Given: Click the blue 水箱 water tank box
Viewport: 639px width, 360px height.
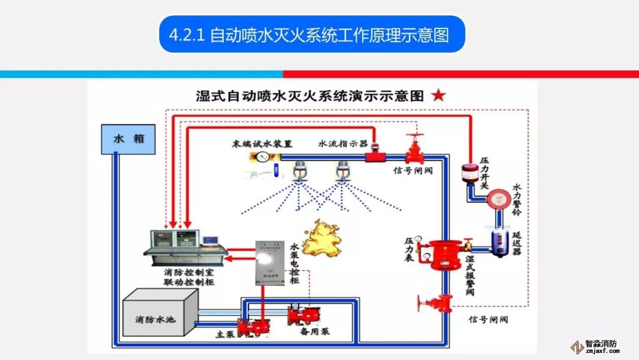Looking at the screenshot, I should [128, 139].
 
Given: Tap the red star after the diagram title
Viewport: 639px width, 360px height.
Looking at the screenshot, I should [438, 95].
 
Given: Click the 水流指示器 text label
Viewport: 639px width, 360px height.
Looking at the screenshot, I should [343, 144].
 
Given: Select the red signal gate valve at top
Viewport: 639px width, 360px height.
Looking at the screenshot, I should [415, 149].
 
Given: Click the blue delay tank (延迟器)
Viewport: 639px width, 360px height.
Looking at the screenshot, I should [501, 241].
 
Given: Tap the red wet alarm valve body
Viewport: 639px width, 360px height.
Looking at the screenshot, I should [446, 255].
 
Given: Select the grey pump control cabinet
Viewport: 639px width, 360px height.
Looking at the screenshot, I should [270, 262].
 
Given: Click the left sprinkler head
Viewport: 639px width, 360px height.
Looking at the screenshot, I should [302, 172].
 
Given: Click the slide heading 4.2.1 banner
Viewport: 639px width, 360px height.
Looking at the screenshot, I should [311, 34].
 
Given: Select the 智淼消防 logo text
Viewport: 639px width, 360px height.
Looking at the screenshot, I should [600, 343].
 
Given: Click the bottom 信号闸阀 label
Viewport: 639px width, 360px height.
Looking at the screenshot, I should [488, 320].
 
